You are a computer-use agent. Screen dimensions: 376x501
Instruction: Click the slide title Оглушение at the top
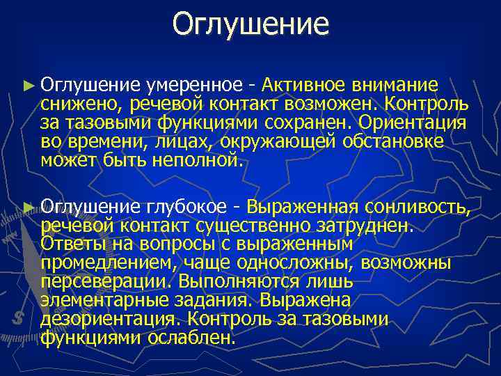point(250,24)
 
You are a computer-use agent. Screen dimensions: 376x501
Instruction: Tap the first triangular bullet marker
point(28,86)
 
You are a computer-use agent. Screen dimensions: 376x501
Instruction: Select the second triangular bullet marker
point(28,207)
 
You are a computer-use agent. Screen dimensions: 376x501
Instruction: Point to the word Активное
point(303,86)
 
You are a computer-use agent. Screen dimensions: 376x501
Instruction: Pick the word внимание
point(395,86)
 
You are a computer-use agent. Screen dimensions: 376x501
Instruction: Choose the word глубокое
point(186,207)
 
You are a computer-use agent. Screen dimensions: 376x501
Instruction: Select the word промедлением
point(89,264)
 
